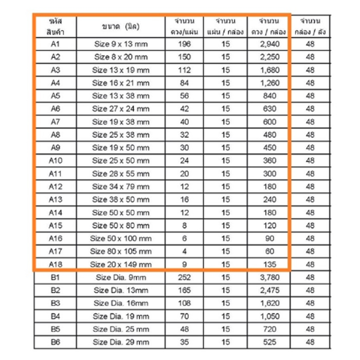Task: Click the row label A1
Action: (x=56, y=44)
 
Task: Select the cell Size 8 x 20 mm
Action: (x=121, y=57)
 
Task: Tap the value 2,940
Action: (x=270, y=44)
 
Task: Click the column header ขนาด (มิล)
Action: (x=121, y=27)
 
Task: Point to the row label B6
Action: (x=56, y=342)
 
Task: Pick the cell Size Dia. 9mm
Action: (x=121, y=277)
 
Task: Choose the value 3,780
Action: (x=270, y=277)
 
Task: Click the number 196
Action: (x=184, y=44)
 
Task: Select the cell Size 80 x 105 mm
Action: (x=121, y=251)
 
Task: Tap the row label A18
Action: (x=56, y=264)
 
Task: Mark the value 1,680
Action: (x=270, y=70)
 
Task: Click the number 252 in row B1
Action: (x=184, y=277)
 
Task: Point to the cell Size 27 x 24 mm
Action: (x=121, y=109)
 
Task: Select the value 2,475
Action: (x=270, y=290)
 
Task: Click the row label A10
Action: (x=56, y=160)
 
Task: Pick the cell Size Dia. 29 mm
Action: (x=121, y=342)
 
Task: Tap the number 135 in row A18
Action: (x=270, y=264)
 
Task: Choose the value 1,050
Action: (x=270, y=316)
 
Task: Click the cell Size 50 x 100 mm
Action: (x=121, y=238)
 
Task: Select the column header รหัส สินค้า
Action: (x=56, y=27)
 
